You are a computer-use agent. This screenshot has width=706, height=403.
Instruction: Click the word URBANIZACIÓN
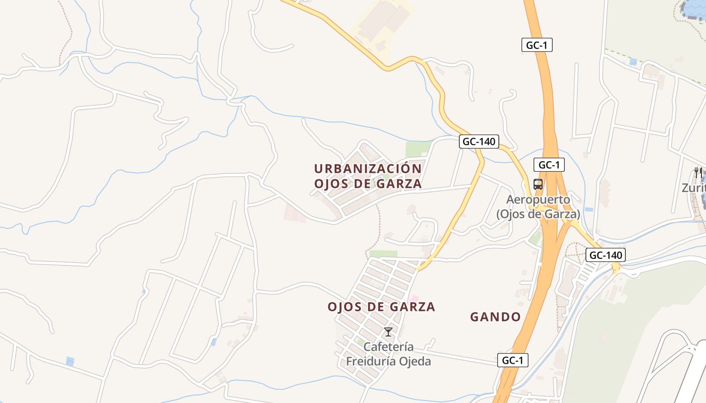coord(368,168)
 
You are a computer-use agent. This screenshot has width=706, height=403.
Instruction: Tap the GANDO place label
coord(495,317)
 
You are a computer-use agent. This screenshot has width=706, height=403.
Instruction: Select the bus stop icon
coord(538,184)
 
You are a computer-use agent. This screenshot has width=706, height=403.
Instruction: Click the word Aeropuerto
coord(538,199)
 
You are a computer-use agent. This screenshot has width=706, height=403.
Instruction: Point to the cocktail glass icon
coord(388,332)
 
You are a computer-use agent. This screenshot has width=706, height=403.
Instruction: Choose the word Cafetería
coord(388,347)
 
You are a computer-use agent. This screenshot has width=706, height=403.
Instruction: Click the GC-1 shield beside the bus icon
coord(549,165)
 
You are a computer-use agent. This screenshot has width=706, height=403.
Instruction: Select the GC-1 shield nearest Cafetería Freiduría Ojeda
coord(513,360)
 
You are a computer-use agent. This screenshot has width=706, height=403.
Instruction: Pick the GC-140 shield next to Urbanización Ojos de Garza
coord(479,142)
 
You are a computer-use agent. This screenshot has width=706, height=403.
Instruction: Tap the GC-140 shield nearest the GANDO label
coord(606,255)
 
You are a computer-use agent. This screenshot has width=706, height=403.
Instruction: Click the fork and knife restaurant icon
coord(698,172)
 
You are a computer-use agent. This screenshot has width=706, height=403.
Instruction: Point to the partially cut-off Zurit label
coord(693,188)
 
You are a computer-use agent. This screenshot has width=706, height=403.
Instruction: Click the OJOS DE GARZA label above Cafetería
coord(381,307)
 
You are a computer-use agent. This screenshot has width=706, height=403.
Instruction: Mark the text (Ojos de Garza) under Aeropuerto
coord(538,214)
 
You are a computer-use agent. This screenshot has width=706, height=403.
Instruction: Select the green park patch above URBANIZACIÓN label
coord(418,149)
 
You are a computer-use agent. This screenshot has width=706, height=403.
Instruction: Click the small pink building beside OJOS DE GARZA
coord(415,299)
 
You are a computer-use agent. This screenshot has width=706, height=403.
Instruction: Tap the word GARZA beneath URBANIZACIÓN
coord(399,184)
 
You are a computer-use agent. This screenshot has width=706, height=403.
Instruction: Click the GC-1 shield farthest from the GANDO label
coord(537,45)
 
